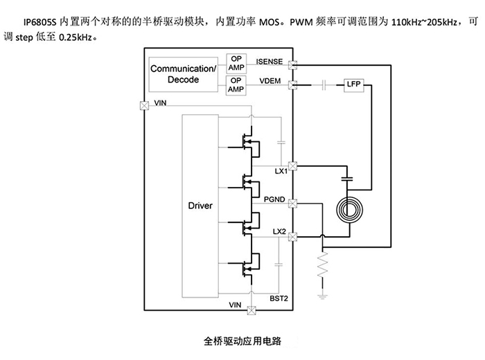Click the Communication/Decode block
[x=184, y=75]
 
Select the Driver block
[x=200, y=206]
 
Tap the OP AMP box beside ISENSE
[x=236, y=64]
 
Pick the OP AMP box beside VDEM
[x=236, y=84]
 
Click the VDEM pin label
[x=270, y=82]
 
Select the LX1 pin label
[x=280, y=170]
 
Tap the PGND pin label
[x=276, y=199]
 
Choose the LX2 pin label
[x=280, y=231]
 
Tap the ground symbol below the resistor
[x=323, y=296]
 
